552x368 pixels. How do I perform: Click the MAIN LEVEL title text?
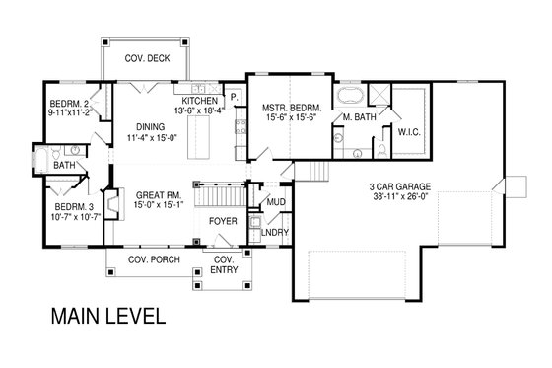(102, 318)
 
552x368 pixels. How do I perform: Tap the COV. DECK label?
(146, 59)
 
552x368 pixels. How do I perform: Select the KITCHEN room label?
(198, 101)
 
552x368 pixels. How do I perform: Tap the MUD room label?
(276, 204)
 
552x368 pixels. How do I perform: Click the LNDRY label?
(276, 233)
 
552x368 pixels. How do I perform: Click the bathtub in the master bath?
(350, 97)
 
